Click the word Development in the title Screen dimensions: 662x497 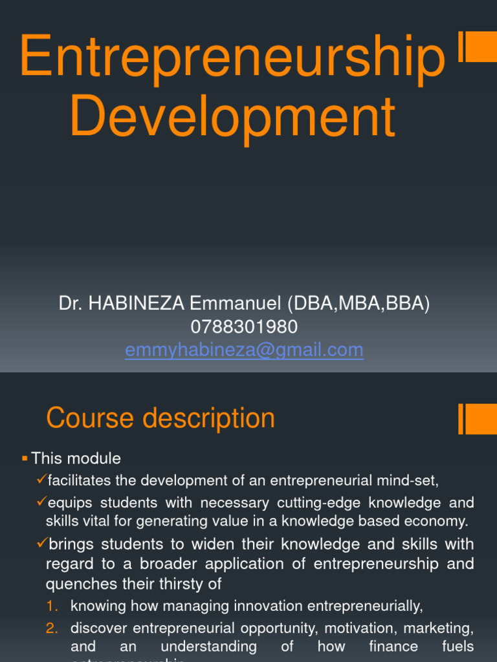pyautogui.click(x=232, y=117)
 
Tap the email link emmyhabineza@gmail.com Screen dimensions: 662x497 pyautogui.click(x=244, y=350)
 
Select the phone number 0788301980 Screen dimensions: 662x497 pyautogui.click(x=244, y=327)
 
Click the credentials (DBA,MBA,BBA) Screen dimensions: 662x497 pyautogui.click(x=361, y=304)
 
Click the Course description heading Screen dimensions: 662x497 pyautogui.click(x=160, y=418)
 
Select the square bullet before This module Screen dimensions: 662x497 pyautogui.click(x=25, y=458)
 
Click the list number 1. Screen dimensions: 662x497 pyautogui.click(x=52, y=606)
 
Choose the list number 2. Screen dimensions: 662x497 pyautogui.click(x=52, y=628)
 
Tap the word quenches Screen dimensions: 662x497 pyautogui.click(x=73, y=584)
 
